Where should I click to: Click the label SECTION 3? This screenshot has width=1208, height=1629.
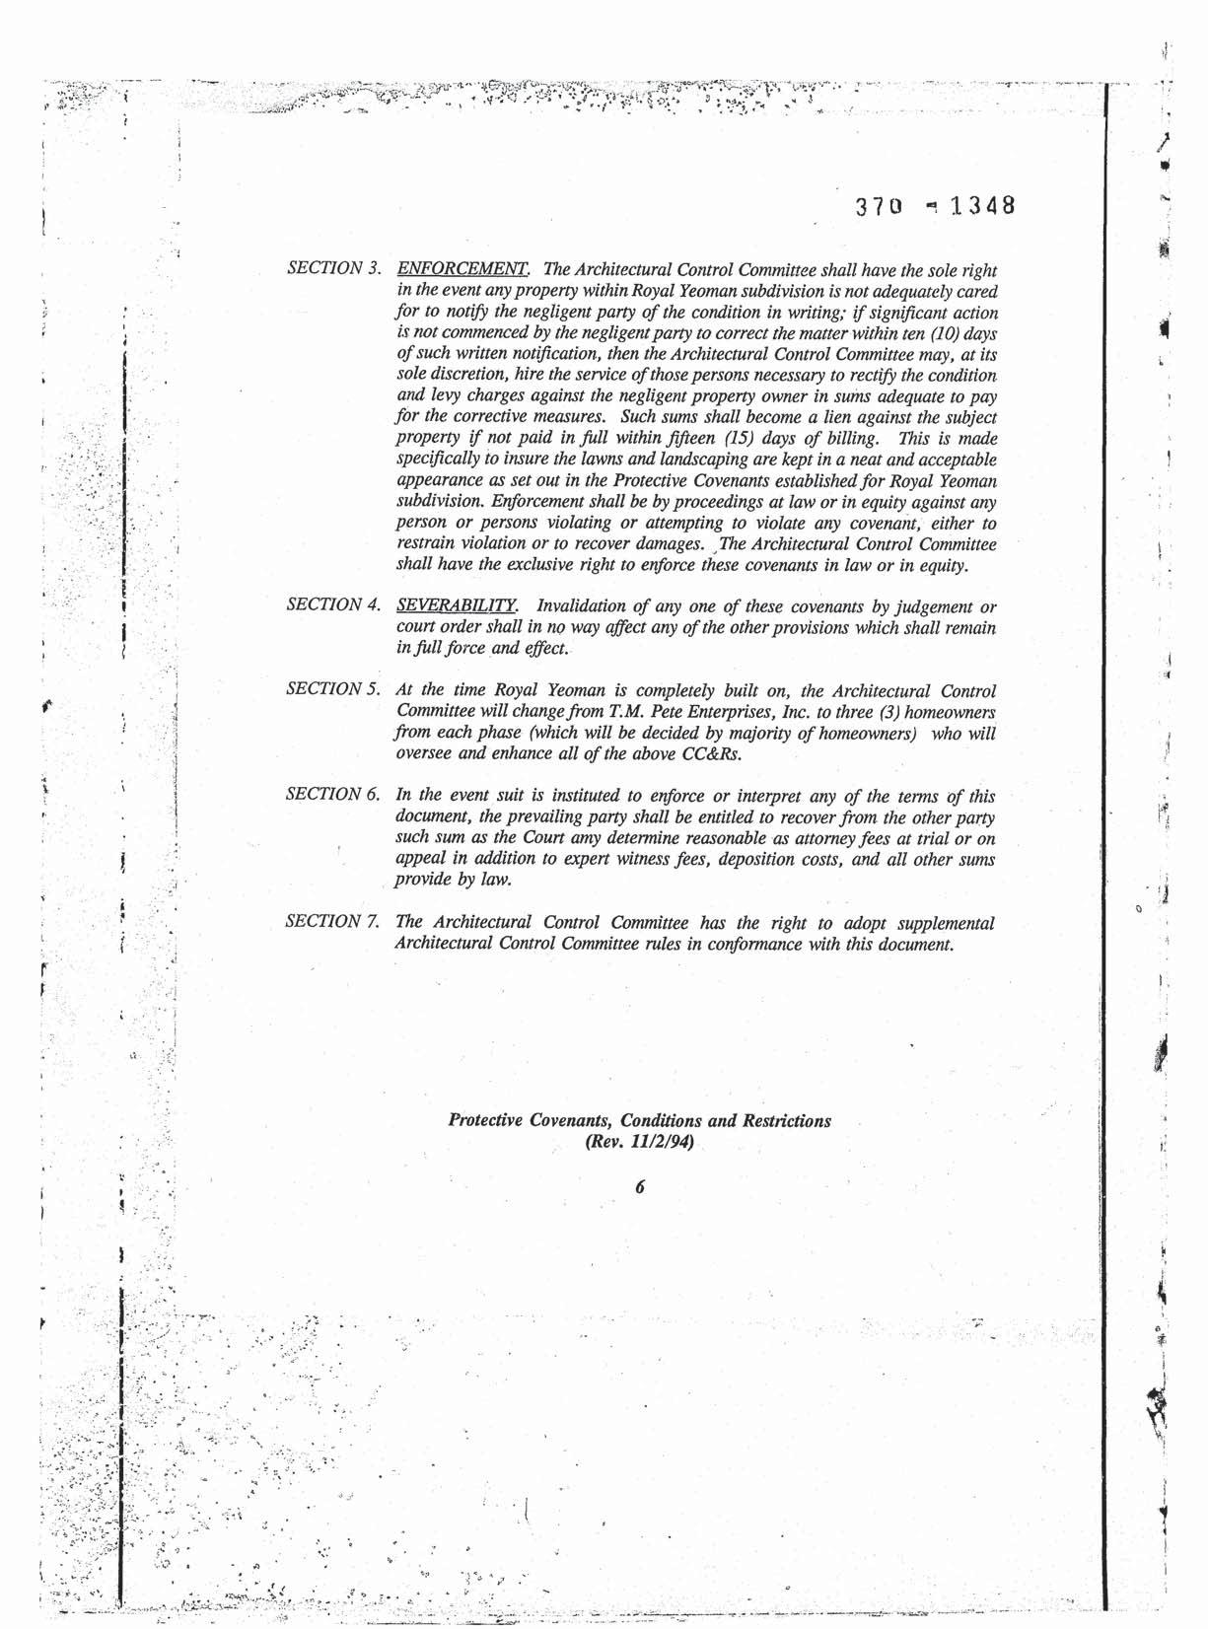pyautogui.click(x=333, y=268)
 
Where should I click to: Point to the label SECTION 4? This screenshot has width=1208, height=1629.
pyautogui.click(x=333, y=604)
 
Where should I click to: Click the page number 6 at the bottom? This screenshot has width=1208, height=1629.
pyautogui.click(x=640, y=1187)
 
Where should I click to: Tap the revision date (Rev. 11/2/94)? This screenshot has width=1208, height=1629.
pyautogui.click(x=640, y=1143)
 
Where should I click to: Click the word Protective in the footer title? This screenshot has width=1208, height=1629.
pyautogui.click(x=486, y=1121)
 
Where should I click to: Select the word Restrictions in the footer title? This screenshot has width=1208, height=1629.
pyautogui.click(x=786, y=1121)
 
